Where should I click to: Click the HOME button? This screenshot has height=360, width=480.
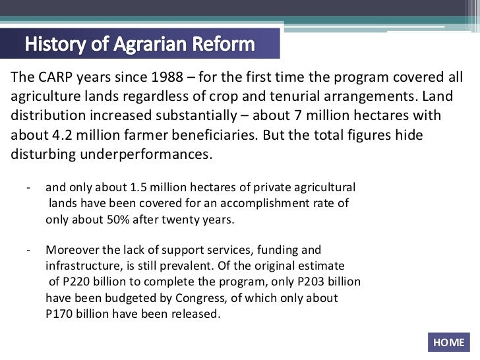point(449,342)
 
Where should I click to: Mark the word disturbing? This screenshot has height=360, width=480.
point(43,156)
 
